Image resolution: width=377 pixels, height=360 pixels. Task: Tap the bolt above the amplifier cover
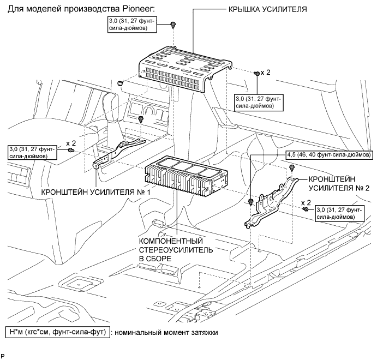[173, 25]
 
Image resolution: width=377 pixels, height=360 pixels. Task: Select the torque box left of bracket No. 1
[33, 152]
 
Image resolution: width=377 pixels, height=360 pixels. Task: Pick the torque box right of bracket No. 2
[340, 213]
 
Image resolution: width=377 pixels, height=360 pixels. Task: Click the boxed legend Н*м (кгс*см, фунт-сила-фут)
[57, 332]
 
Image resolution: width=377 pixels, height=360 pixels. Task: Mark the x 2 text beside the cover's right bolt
[267, 72]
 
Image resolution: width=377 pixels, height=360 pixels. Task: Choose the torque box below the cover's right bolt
[259, 103]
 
